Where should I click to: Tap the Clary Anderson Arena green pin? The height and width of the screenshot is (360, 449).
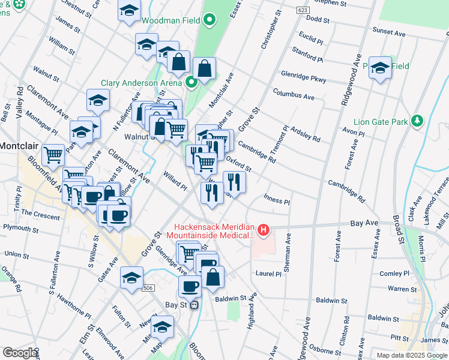pyautogui.click(x=191, y=83)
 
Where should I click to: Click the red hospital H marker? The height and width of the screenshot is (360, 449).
pyautogui.click(x=263, y=229)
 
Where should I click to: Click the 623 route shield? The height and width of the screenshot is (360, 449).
pyautogui.click(x=303, y=10)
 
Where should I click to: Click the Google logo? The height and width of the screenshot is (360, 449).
pyautogui.click(x=20, y=353)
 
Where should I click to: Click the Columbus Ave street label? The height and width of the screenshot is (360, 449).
pyautogui.click(x=294, y=96)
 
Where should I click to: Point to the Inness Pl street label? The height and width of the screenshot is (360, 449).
pyautogui.click(x=277, y=202)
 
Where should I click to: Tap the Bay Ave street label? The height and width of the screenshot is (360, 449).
pyautogui.click(x=364, y=223)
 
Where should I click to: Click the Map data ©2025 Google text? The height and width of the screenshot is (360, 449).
pyautogui.click(x=411, y=355)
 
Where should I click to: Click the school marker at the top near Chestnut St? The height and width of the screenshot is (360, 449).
pyautogui.click(x=128, y=11)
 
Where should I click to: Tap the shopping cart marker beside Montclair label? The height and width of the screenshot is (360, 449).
pyautogui.click(x=53, y=155)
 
